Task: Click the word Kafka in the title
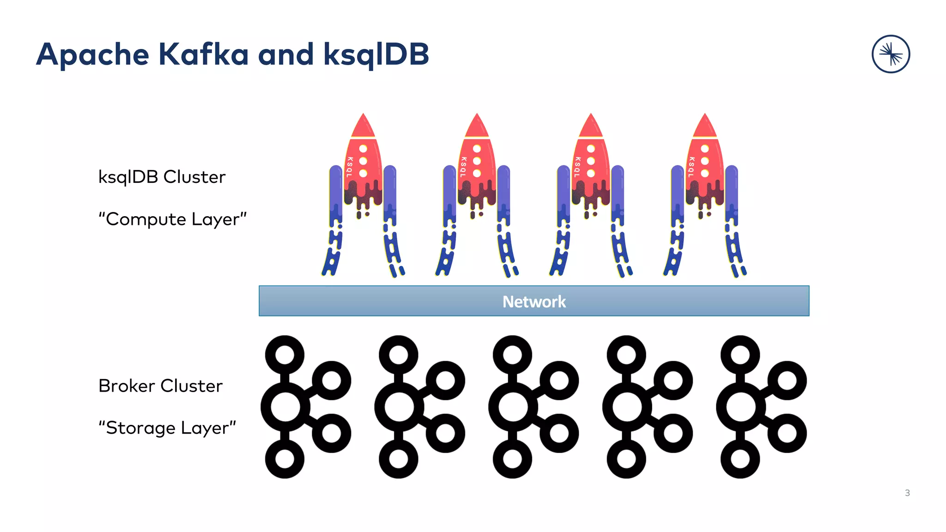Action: [203, 54]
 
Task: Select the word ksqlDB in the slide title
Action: [376, 54]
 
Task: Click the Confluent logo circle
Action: [891, 54]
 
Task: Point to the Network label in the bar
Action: [534, 302]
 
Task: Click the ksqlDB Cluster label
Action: [162, 177]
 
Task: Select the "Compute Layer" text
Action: [172, 219]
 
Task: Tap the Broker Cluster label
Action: [160, 386]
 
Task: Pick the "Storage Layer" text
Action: [167, 428]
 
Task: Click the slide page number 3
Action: [907, 493]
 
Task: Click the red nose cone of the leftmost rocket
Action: [363, 127]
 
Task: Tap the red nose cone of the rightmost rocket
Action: [705, 127]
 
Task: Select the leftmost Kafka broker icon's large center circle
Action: [285, 407]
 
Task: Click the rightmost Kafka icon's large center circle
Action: [740, 407]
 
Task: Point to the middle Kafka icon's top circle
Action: [513, 355]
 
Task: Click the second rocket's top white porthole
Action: [477, 149]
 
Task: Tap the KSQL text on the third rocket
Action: [577, 167]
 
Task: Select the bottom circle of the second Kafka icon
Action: [399, 459]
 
